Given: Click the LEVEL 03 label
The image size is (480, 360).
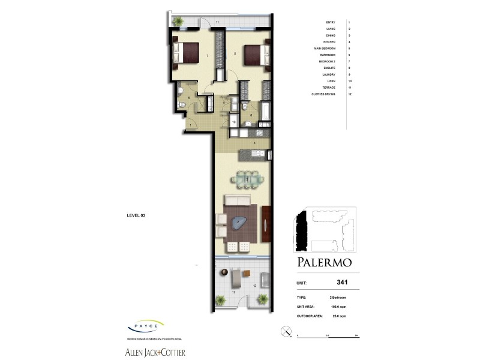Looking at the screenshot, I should pyautogui.click(x=137, y=215).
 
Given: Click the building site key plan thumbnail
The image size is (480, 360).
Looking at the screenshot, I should pyautogui.click(x=325, y=230).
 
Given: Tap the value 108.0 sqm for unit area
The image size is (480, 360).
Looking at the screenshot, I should pyautogui.click(x=337, y=307).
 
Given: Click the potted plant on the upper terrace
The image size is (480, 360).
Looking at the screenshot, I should pyautogui.click(x=178, y=22).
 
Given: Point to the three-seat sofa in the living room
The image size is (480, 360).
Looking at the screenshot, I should pyautogui.click(x=238, y=200).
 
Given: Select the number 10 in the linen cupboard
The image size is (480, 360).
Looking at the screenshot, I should pyautogui.click(x=233, y=122).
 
